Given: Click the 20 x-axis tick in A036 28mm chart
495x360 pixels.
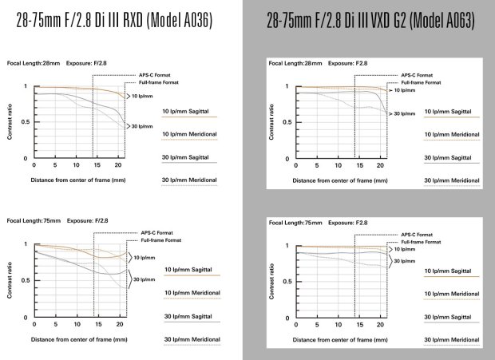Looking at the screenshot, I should (118, 165).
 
